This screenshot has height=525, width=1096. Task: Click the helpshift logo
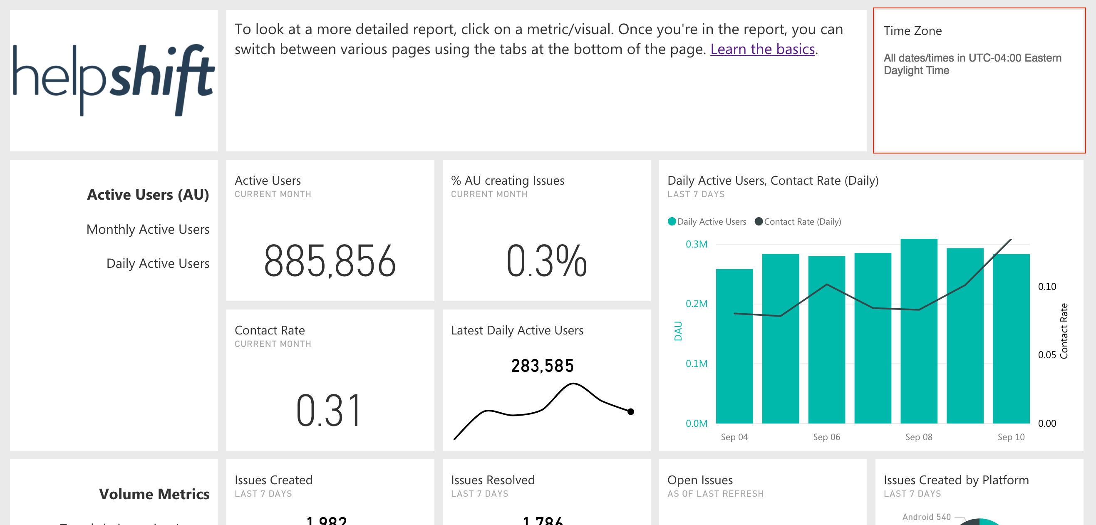point(114,80)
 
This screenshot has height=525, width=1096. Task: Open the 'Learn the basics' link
point(762,50)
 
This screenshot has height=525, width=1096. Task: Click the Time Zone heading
point(913,31)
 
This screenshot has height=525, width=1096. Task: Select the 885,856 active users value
point(330,261)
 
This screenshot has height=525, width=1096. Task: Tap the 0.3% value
point(546,261)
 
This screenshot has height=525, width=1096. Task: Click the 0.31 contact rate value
point(328,411)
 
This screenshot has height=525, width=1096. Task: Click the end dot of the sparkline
point(631,411)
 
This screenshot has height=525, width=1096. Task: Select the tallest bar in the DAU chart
point(919,332)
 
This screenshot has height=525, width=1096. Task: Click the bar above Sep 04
point(734,347)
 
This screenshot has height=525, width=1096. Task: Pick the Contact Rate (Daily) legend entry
point(802,222)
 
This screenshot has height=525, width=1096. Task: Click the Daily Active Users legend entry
point(711,222)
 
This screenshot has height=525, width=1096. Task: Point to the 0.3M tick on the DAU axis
point(697,244)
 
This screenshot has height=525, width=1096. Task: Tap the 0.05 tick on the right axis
point(1046,355)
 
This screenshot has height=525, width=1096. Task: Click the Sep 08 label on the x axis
point(919,437)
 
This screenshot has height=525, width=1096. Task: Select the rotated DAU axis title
point(678,331)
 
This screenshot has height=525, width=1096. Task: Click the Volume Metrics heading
point(154,494)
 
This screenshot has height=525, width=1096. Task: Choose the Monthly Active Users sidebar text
point(148,229)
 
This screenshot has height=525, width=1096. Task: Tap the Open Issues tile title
point(700,480)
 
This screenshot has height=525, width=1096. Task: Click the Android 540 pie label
point(926,517)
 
